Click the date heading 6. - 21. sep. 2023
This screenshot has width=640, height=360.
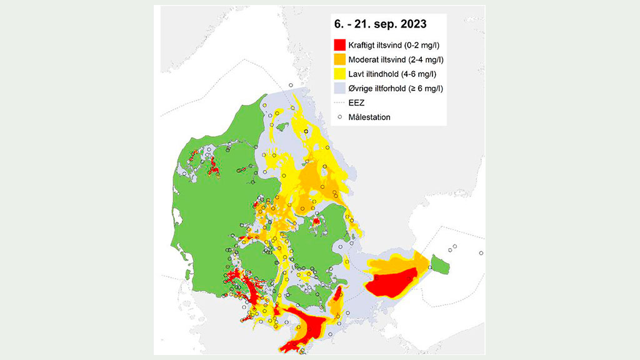point(379,25)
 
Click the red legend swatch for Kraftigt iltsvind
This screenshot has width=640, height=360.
point(339,45)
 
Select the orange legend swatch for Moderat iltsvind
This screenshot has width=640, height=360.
point(339,59)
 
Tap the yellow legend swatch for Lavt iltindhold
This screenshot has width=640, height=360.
point(339,74)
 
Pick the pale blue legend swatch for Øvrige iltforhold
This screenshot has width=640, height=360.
point(339,88)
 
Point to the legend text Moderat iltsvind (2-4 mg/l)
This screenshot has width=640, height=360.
point(396,59)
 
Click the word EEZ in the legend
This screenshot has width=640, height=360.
point(356,102)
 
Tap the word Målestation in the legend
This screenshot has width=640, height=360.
point(369,117)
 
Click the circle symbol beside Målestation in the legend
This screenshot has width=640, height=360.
point(339,117)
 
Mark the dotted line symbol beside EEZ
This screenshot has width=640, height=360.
point(339,102)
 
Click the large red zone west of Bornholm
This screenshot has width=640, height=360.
point(391,285)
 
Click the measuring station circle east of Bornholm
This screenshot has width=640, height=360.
point(481,253)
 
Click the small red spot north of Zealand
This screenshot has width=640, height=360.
point(316,221)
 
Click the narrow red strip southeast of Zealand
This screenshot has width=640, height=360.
point(337,294)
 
